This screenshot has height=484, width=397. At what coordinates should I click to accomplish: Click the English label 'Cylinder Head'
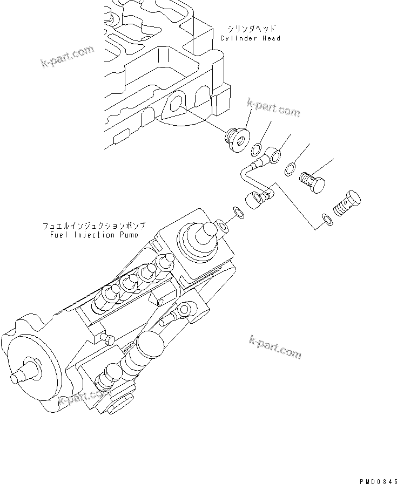click(250, 39)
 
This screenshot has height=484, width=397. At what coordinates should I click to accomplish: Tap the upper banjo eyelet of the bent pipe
click(274, 158)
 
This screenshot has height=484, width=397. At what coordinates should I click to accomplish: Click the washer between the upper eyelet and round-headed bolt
click(291, 169)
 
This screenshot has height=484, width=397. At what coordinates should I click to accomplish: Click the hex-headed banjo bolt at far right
click(347, 203)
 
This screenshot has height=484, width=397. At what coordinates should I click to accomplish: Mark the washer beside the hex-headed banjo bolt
click(326, 218)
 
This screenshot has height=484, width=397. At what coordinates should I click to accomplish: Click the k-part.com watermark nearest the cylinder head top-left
click(67, 57)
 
